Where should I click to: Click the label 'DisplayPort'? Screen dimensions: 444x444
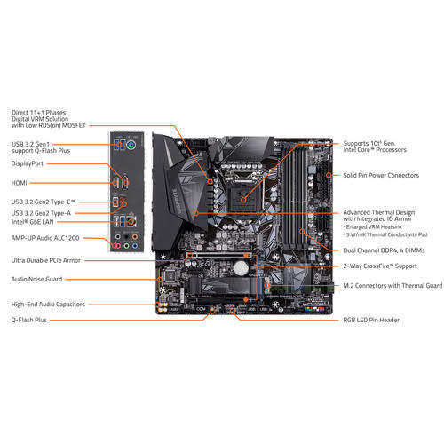[x=29, y=163]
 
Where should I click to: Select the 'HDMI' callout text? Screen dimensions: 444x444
[x=20, y=182]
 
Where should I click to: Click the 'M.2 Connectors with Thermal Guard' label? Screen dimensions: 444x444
[x=392, y=285]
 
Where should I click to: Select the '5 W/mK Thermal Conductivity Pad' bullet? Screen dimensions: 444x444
[x=391, y=236]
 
